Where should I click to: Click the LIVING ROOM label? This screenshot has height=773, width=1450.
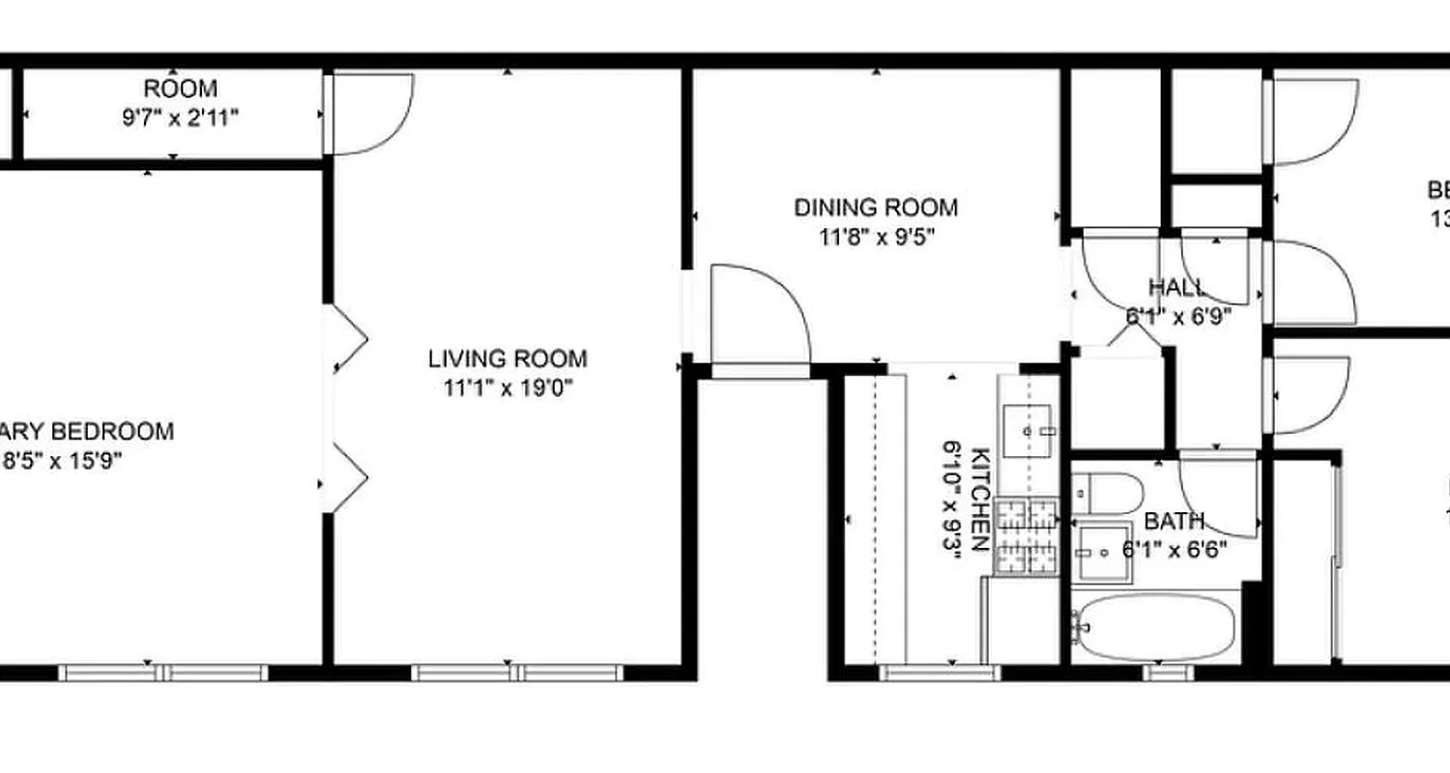(x=507, y=359)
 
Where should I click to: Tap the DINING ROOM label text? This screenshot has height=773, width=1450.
(x=876, y=208)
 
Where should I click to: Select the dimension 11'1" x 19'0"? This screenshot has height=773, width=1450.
(x=507, y=388)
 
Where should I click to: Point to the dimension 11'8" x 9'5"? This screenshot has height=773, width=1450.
(x=876, y=237)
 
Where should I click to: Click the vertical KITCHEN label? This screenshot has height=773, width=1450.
(x=979, y=499)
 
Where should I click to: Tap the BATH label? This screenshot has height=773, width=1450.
(x=1174, y=523)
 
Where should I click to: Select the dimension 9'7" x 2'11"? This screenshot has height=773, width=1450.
(x=180, y=118)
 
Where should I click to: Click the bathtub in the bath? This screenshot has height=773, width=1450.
(x=1156, y=626)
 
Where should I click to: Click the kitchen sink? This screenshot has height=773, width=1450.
(x=1029, y=431)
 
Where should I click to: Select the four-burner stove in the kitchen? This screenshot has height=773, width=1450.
(x=1027, y=536)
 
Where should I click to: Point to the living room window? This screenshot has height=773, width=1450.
(x=516, y=672)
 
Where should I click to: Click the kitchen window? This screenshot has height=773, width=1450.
(x=939, y=672)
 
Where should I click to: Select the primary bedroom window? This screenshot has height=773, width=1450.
(x=162, y=672)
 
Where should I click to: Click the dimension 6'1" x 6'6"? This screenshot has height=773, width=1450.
(x=1174, y=552)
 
